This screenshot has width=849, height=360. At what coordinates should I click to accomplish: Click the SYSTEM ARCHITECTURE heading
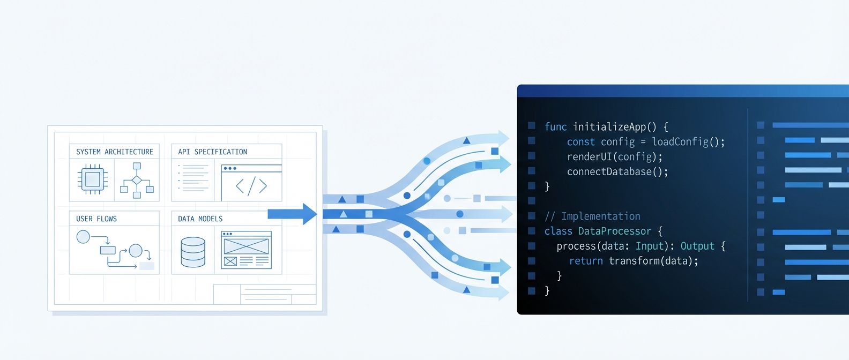click(114, 152)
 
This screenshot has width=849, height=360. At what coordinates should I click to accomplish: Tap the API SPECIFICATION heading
click(212, 152)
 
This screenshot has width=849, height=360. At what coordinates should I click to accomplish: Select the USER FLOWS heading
click(96, 219)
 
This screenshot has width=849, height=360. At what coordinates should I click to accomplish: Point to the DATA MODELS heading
click(200, 219)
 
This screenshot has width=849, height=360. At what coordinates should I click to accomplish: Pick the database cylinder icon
click(193, 252)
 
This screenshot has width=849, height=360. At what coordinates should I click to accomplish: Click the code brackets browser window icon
click(251, 182)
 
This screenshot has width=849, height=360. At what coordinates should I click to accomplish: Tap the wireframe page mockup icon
click(246, 250)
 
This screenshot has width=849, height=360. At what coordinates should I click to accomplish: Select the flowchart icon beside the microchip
click(137, 181)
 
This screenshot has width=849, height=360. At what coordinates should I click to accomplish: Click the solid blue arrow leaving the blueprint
click(292, 214)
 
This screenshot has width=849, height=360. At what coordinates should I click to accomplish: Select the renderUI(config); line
click(615, 157)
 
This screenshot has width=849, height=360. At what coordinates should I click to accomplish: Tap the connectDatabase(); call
click(617, 172)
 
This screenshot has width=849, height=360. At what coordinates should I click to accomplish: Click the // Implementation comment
click(592, 216)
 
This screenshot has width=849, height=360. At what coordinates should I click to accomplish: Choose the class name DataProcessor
click(614, 231)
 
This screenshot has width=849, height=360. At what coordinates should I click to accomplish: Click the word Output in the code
click(697, 246)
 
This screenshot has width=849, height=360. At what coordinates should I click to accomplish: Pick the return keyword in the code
click(586, 261)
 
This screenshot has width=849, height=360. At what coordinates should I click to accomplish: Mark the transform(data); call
click(653, 261)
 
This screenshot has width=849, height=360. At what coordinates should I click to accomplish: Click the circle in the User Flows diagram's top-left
click(83, 236)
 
